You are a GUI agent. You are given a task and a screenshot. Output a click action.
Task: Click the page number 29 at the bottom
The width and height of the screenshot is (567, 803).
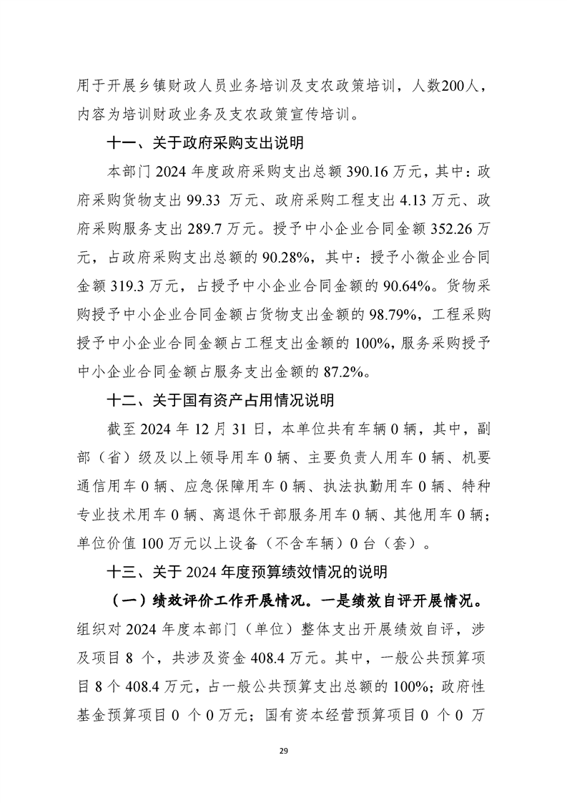click(283, 750)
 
